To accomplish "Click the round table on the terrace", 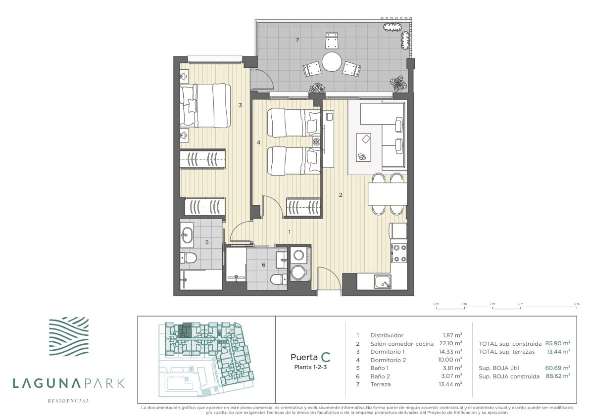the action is [332, 61].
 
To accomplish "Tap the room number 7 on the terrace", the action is [297, 40].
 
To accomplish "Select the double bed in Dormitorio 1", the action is [205, 105].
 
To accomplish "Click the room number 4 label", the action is [258, 142].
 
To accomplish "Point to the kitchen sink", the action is [383, 281].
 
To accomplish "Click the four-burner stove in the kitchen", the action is [399, 253].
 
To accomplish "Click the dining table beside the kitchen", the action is [388, 194].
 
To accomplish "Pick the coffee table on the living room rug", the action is [364, 147].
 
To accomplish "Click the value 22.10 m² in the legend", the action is [450, 343].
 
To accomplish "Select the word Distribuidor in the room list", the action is [387, 335].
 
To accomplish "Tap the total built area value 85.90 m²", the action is [558, 343].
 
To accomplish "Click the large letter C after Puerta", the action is [326, 357].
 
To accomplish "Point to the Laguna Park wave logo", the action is [69, 336].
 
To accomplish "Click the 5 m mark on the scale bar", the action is [576, 304].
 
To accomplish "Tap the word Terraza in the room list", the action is [381, 384].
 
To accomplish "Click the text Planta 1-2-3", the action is [310, 367].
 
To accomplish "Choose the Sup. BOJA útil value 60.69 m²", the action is [558, 368].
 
